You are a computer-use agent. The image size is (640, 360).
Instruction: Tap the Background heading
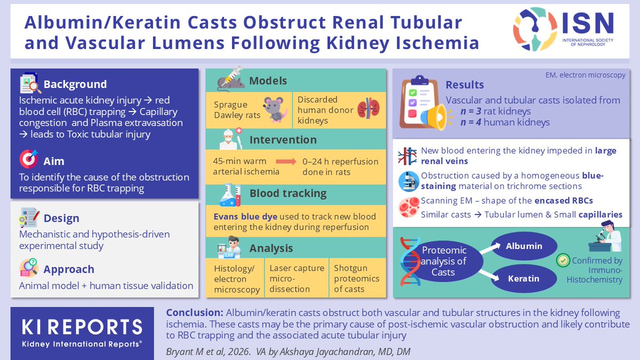click(75, 84)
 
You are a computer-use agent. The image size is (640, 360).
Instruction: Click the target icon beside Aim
click(29, 159)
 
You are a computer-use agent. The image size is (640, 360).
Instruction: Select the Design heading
click(61, 218)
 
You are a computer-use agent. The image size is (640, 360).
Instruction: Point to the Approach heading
click(69, 269)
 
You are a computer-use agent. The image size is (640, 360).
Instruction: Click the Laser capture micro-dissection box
click(297, 278)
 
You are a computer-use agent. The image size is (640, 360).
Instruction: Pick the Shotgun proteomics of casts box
click(356, 278)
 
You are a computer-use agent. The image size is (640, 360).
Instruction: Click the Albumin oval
click(524, 246)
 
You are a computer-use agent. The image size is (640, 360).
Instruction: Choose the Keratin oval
click(524, 278)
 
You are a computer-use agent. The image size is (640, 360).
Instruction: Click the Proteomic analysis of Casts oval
click(444, 261)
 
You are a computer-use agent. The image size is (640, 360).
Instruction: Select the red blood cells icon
click(408, 207)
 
